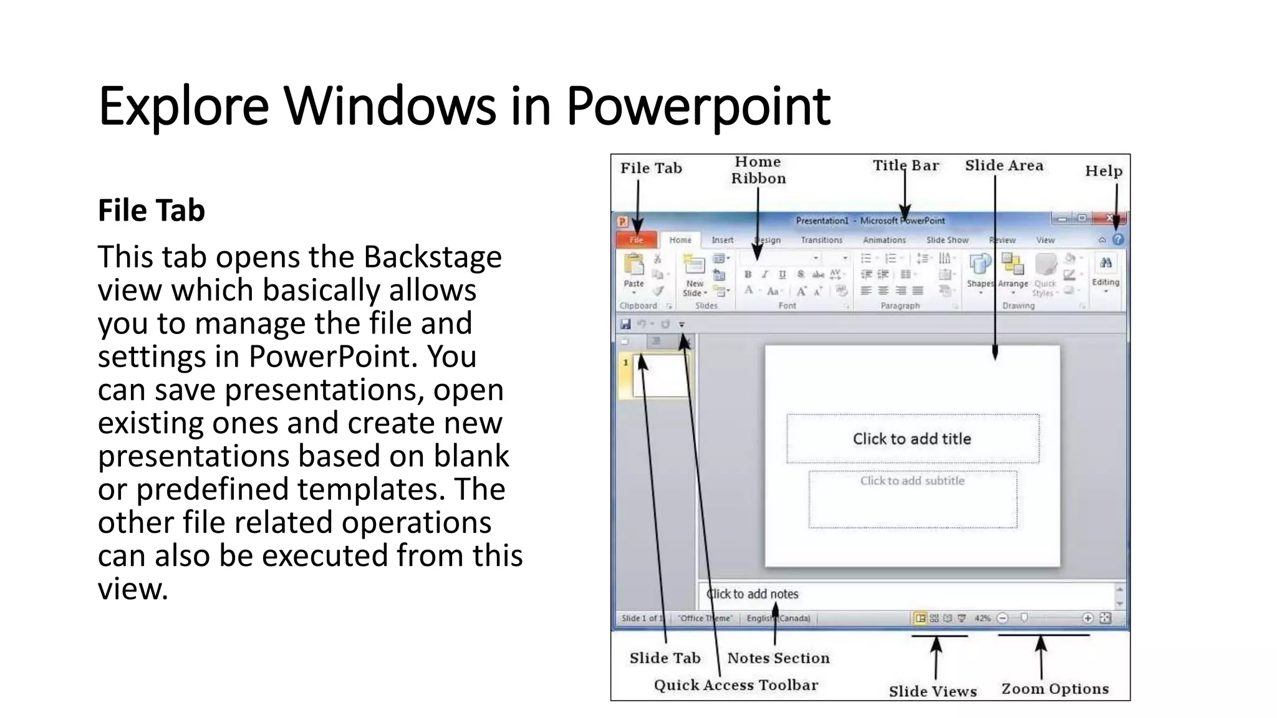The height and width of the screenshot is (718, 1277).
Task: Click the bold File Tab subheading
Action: (x=152, y=211)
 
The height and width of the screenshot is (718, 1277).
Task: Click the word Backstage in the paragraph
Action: (x=433, y=257)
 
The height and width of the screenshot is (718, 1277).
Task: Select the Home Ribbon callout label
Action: (x=758, y=170)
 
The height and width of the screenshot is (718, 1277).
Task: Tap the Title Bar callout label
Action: (x=905, y=166)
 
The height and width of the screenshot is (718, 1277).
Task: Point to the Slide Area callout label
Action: (x=1004, y=166)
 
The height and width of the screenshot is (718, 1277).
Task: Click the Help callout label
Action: (x=1103, y=171)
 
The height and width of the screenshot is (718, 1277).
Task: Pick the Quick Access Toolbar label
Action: (x=736, y=685)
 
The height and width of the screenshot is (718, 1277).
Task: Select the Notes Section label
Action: (x=778, y=658)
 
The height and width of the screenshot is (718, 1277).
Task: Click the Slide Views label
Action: (x=933, y=691)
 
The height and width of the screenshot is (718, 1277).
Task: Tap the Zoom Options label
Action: (x=1055, y=689)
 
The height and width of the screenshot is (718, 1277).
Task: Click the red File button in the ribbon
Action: (x=637, y=240)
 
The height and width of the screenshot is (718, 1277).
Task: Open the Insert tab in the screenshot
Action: (x=723, y=240)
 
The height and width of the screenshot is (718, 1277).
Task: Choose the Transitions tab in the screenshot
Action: (x=821, y=240)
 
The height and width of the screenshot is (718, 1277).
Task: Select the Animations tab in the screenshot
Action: (x=884, y=240)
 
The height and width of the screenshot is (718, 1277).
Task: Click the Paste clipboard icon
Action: (x=634, y=266)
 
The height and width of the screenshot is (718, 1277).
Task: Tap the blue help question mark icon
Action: (x=1118, y=239)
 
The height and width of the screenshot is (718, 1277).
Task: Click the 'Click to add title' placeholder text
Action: (x=912, y=439)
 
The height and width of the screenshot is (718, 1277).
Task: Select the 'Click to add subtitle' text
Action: (x=912, y=481)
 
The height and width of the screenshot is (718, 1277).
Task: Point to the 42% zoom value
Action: (x=983, y=618)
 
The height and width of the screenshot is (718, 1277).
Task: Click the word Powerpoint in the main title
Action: (x=698, y=106)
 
